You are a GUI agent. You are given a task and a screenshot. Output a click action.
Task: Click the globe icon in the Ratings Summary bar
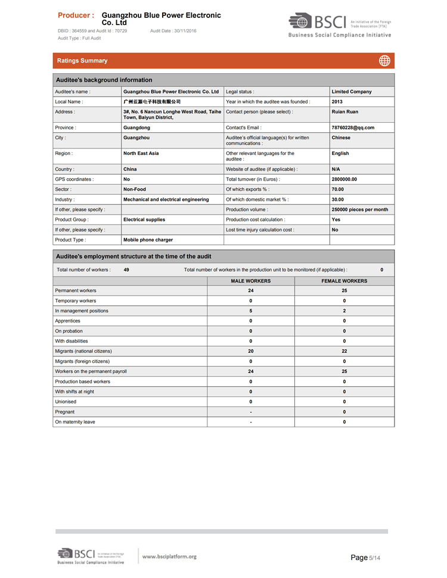coord(384,60)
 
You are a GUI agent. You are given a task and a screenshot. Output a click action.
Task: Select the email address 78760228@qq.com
coord(353,128)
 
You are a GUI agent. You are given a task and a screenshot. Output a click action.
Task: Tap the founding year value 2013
coord(337,102)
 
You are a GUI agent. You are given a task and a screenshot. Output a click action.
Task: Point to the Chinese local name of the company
coord(151,102)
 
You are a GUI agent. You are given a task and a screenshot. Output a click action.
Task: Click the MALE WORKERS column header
coord(251,281)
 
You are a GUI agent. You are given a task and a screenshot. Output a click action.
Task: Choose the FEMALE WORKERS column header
coord(344,281)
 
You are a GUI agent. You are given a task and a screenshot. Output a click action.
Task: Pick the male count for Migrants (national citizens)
coord(251,351)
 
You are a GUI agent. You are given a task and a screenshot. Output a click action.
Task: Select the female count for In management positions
coord(344,311)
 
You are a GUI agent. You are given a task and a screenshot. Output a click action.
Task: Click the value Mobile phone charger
coord(148,240)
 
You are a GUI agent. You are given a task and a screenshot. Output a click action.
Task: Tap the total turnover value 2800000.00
coord(344,179)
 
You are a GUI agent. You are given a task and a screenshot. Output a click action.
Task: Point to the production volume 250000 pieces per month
coord(359,210)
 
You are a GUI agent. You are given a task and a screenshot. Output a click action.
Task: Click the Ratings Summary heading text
coord(82,61)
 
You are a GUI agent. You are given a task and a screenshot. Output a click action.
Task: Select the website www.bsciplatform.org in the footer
coord(169,557)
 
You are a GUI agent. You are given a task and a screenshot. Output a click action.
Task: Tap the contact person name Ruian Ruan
coord(344,112)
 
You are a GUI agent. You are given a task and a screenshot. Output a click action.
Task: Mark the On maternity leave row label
coord(75,422)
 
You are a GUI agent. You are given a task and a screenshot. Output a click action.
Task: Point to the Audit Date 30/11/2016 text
coord(173,30)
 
